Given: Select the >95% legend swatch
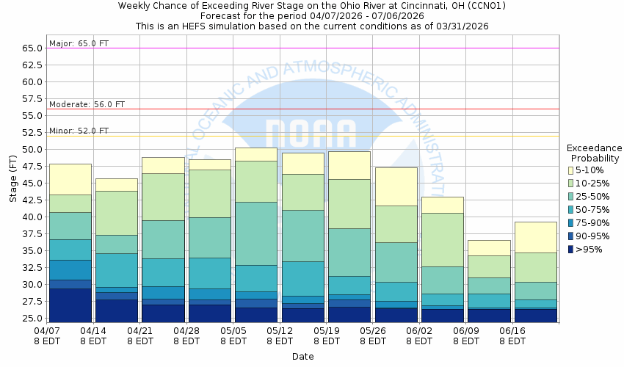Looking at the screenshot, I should tap(571, 249).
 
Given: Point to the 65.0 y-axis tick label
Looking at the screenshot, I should tap(32, 48).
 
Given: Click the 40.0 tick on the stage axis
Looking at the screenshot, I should tap(32, 217).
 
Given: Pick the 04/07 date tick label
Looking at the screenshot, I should tap(47, 331).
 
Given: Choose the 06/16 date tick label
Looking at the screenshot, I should tap(512, 331).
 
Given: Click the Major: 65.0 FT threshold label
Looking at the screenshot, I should tap(79, 43).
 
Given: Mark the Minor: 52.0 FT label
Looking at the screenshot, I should tap(79, 131).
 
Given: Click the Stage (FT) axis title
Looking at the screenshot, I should tap(12, 183).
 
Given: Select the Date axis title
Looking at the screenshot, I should tap(302, 357).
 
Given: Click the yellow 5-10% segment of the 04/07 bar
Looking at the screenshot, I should tap(70, 179).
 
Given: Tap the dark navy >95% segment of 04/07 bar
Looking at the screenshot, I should tap(70, 305).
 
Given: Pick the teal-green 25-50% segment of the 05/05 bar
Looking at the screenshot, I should tap(256, 233).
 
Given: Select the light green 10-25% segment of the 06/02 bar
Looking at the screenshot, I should tap(442, 239).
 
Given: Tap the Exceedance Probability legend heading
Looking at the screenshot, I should tap(594, 153).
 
